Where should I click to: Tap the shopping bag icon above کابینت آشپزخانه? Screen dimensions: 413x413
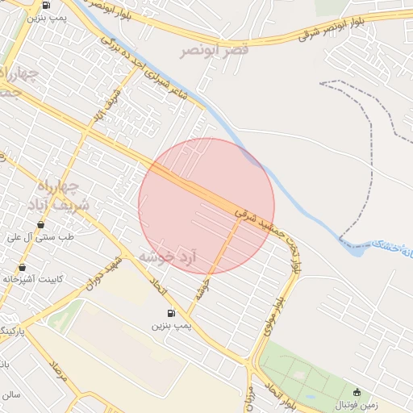(x=21, y=267)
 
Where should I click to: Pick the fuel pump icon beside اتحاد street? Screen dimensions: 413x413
(x=171, y=313)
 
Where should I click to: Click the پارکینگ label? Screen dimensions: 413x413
(x=13, y=332)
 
